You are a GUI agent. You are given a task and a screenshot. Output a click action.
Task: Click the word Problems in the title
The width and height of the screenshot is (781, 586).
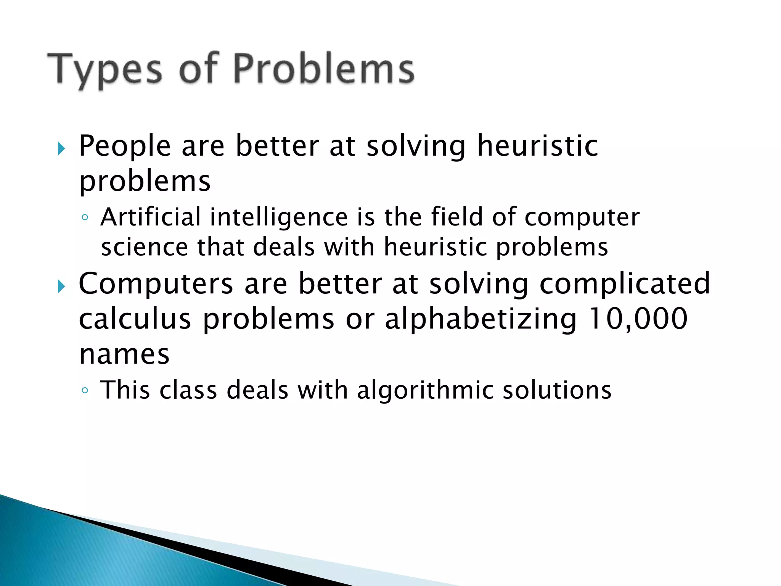pyautogui.click(x=323, y=69)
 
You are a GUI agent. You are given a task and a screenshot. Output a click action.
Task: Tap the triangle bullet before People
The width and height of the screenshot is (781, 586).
pyautogui.click(x=61, y=148)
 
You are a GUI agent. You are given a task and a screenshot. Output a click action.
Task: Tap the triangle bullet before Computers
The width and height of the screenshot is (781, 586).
pyautogui.click(x=61, y=286)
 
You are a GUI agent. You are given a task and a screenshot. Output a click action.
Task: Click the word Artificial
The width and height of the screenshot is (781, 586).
pyautogui.click(x=150, y=217)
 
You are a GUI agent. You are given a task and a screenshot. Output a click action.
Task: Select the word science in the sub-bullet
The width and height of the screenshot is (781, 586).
pyautogui.click(x=144, y=247)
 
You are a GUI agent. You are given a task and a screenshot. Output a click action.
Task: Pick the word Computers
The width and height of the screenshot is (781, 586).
pyautogui.click(x=156, y=284)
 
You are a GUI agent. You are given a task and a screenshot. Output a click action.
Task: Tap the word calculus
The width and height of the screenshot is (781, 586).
pyautogui.click(x=134, y=319)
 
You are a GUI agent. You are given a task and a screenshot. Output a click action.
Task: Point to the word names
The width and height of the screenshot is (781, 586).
pyautogui.click(x=124, y=354)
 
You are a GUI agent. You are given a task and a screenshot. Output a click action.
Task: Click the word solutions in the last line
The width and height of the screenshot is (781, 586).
pyautogui.click(x=557, y=390)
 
